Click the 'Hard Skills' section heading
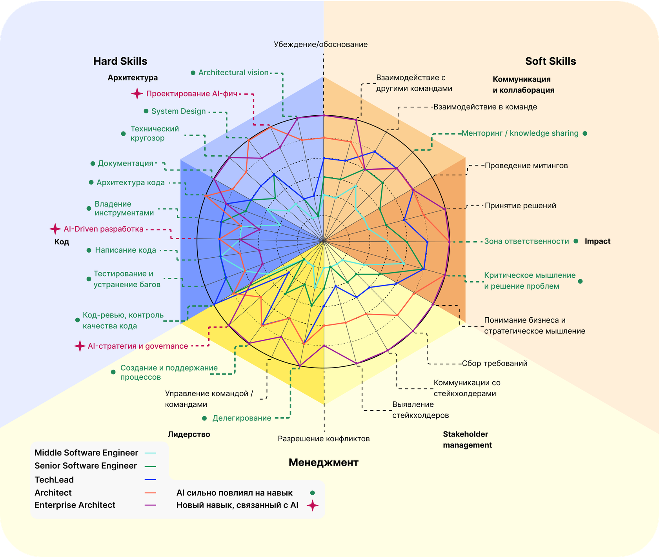[x=120, y=61]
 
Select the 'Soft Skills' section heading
[x=550, y=61]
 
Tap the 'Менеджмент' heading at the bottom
[x=324, y=462]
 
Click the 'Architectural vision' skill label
[x=233, y=73]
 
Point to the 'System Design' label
[x=178, y=111]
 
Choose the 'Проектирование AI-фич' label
[x=192, y=94]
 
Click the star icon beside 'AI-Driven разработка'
[x=55, y=229]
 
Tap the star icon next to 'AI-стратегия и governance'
[x=80, y=346]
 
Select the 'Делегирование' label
[x=242, y=418]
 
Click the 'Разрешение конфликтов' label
[x=324, y=439]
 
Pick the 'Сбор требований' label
[x=495, y=364]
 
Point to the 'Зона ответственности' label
[x=526, y=241]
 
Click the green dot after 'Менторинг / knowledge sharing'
[x=585, y=133]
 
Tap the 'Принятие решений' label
[x=520, y=206]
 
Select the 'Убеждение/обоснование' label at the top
[x=321, y=44]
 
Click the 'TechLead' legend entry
[x=54, y=480]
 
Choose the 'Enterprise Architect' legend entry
[x=75, y=505]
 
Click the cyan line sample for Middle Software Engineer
[x=150, y=453]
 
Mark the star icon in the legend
[x=312, y=506]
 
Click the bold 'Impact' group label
[x=597, y=241]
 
